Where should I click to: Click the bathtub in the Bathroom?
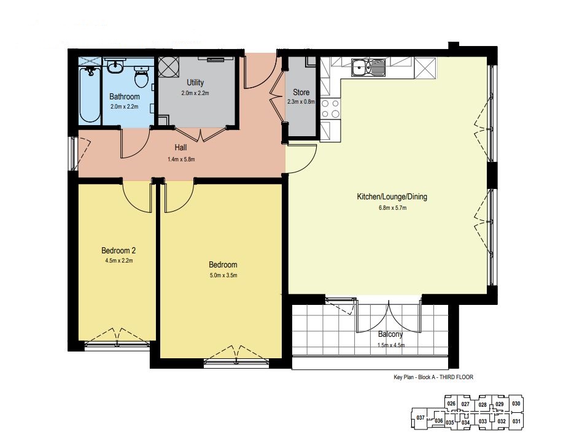pyautogui.click(x=90, y=94)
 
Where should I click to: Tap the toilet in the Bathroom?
pyautogui.click(x=141, y=77)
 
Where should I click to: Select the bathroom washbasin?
pyautogui.click(x=115, y=66)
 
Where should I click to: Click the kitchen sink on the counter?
pyautogui.click(x=368, y=67)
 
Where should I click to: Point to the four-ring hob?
pyautogui.click(x=330, y=109)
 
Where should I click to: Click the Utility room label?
pyautogui.click(x=195, y=83)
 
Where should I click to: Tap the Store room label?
pyautogui.click(x=301, y=93)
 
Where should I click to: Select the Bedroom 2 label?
pyautogui.click(x=118, y=250)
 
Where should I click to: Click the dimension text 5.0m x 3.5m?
pyautogui.click(x=223, y=275)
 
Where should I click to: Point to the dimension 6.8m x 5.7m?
pyautogui.click(x=392, y=208)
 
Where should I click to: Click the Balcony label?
pyautogui.click(x=390, y=334)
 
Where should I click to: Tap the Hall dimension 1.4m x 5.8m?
pyautogui.click(x=181, y=159)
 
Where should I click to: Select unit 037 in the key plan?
pyautogui.click(x=420, y=418)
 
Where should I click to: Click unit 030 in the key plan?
pyautogui.click(x=516, y=404)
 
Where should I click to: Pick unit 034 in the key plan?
pyautogui.click(x=466, y=422)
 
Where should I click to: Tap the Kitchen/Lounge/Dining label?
pyautogui.click(x=392, y=197)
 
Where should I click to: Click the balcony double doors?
pyautogui.click(x=389, y=316)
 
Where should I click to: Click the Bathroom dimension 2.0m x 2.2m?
pyautogui.click(x=125, y=107)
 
